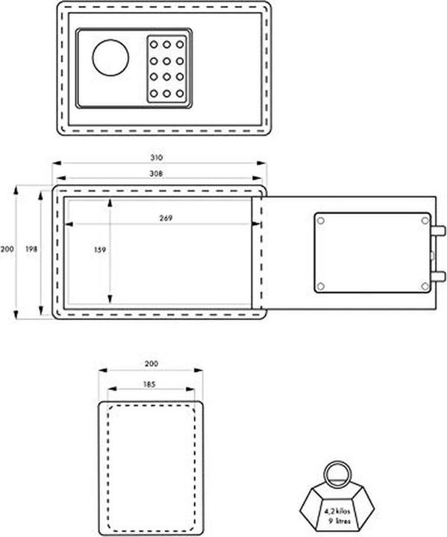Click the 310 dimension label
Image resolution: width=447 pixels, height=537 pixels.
click(156, 157)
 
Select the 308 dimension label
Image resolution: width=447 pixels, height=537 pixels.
click(156, 173)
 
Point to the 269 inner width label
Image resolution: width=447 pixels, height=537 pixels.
click(166, 219)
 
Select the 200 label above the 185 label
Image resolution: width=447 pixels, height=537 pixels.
click(151, 364)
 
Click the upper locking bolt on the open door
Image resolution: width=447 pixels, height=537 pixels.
click(438, 228)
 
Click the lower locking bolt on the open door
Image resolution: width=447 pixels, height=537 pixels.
click(438, 276)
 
